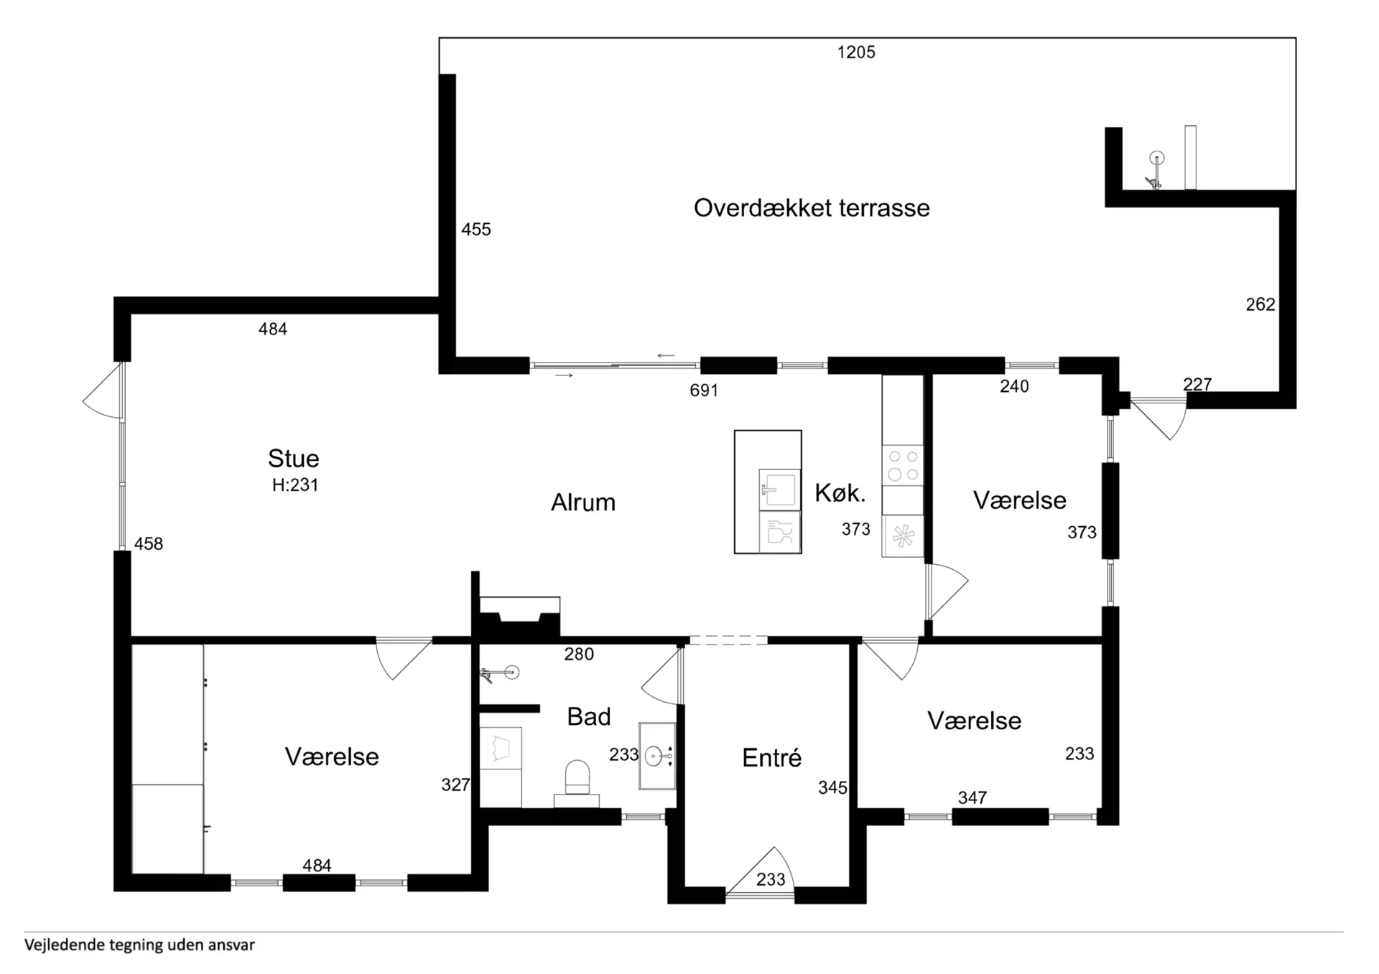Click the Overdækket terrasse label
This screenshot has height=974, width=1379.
812,208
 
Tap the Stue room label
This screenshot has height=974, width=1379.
293,458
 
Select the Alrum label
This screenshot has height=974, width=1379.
583,502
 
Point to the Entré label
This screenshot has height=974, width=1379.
771,757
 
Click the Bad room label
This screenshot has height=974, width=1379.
589,716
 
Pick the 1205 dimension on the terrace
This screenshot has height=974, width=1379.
856,52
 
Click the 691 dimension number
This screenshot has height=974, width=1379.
704,390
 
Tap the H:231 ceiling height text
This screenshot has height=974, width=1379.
295,485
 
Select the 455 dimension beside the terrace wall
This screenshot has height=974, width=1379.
476,230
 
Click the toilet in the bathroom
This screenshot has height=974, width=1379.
577,784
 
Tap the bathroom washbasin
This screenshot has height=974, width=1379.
657,757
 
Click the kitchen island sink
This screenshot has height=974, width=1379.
779,490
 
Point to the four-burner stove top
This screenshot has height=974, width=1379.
903,465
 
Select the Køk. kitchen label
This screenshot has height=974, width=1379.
840,493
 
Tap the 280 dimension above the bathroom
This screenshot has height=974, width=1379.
579,655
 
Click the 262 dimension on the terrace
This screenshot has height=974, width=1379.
1260,305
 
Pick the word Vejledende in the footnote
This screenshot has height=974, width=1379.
64,945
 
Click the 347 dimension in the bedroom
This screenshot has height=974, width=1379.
972,798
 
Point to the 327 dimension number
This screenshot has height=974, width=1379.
455,785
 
